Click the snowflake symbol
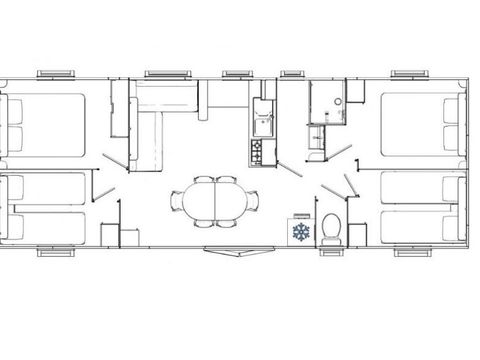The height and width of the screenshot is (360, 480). point(299,231)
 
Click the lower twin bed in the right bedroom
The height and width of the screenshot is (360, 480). point(420,223)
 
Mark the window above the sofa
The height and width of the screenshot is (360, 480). point(168,73)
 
